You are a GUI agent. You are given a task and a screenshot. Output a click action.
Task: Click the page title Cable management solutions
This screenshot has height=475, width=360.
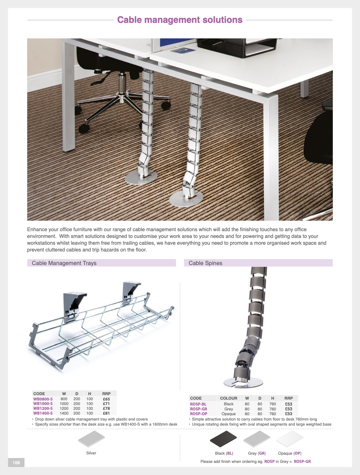pyautogui.click(x=180, y=20)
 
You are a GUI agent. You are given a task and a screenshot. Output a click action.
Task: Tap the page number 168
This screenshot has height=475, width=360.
pyautogui.click(x=16, y=463)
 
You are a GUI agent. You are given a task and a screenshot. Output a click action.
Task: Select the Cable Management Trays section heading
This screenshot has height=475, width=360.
pyautogui.click(x=64, y=263)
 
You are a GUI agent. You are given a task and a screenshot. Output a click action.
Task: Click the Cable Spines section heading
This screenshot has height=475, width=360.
pyautogui.click(x=205, y=263)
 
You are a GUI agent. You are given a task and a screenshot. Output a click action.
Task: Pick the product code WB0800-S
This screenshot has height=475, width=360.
pyautogui.click(x=43, y=399)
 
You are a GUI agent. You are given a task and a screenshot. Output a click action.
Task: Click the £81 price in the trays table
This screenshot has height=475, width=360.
pyautogui.click(x=106, y=413)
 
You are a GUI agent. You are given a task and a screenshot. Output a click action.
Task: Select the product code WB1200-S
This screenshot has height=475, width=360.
pyautogui.click(x=43, y=408)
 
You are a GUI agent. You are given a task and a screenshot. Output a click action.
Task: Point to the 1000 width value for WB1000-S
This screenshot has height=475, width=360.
pyautogui.click(x=64, y=404)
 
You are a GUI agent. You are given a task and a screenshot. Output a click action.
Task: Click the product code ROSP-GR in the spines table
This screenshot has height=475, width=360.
pyautogui.click(x=198, y=409)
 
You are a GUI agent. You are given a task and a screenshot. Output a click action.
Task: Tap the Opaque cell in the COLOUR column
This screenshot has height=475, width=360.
pyautogui.click(x=228, y=414)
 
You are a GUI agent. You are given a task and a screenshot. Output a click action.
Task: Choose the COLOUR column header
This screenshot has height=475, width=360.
pyautogui.click(x=228, y=398)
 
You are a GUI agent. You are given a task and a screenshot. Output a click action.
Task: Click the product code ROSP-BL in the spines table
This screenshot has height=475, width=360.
pyautogui.click(x=198, y=404)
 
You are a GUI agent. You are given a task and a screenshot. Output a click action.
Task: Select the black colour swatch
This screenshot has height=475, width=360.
pyautogui.click(x=223, y=439)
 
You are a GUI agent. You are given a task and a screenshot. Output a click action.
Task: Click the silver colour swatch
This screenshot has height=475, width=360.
pyautogui.click(x=91, y=439)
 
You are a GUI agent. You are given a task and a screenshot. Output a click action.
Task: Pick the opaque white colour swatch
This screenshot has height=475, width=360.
pyautogui.click(x=290, y=439)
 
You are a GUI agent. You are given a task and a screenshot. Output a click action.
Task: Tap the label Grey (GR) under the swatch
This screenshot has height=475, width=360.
pyautogui.click(x=257, y=453)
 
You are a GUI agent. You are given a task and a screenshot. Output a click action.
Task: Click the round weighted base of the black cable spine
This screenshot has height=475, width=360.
pyautogui.click(x=243, y=382)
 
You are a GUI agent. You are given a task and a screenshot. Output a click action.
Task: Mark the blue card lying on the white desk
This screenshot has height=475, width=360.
pyautogui.click(x=183, y=51)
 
